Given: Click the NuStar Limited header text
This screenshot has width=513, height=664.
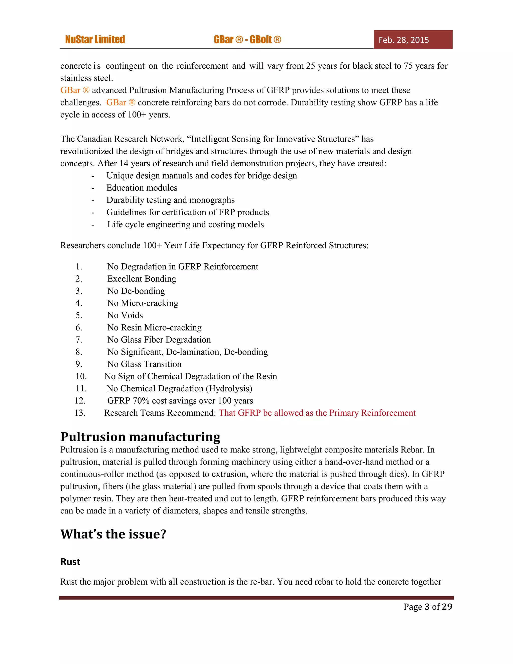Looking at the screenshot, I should coord(95,40).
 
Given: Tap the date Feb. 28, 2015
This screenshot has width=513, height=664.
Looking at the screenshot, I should coord(403,40).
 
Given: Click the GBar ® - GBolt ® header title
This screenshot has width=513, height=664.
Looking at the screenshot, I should coord(247,40).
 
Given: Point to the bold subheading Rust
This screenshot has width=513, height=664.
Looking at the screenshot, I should coord(70,562).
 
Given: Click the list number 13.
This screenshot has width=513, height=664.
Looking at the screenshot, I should coord(80,413).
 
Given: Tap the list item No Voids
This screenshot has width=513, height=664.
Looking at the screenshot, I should coord(125,315).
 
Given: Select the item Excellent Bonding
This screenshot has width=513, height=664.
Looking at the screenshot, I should coord(142,279).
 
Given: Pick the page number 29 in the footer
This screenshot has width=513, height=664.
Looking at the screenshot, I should coord(447,607).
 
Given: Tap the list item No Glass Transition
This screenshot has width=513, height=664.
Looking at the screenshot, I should coord(144,364).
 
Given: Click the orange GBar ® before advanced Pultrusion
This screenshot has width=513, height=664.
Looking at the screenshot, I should coord(75,90).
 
